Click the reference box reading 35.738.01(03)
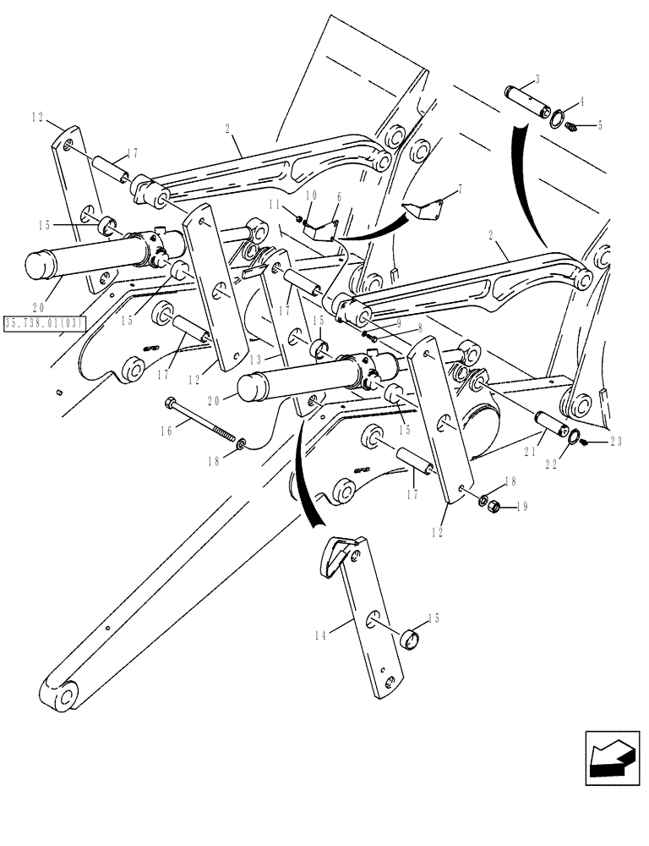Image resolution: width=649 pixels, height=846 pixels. [43, 322]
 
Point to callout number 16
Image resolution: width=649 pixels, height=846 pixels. [167, 431]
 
